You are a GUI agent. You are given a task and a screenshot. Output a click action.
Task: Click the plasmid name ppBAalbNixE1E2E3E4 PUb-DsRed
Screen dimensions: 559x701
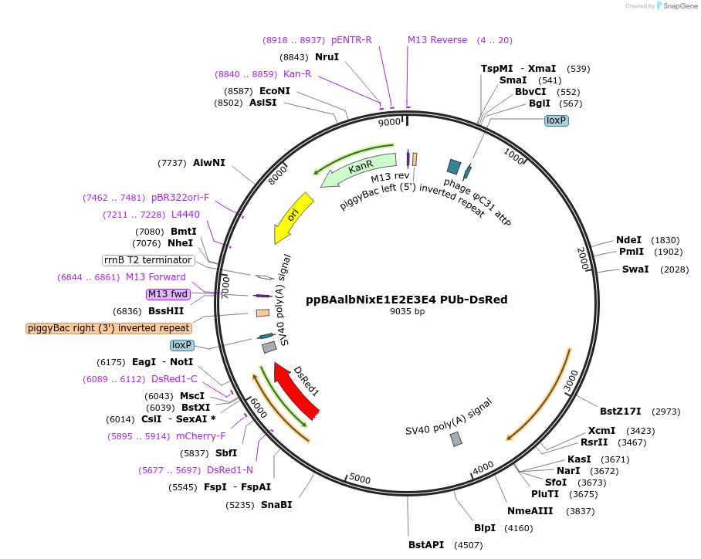[406, 300]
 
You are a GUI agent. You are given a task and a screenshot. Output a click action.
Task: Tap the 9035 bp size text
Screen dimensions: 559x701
[407, 312]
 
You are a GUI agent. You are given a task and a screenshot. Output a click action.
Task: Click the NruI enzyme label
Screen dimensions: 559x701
[327, 57]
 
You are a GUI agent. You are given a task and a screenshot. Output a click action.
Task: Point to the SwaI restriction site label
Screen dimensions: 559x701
[635, 269]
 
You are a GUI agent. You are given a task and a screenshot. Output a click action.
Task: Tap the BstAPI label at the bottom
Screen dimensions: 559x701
[426, 545]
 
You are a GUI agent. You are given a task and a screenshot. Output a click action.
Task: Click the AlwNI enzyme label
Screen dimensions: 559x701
[209, 163]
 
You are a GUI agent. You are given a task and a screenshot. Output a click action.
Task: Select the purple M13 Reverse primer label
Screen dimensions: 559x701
[438, 40]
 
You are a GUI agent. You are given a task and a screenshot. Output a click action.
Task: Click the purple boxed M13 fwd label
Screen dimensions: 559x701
[168, 294]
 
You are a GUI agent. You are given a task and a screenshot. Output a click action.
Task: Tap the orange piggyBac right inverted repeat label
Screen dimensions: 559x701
[108, 328]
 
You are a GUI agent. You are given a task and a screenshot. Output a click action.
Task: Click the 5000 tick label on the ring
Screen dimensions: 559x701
[360, 479]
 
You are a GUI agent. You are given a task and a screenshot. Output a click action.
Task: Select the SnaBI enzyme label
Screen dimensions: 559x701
[276, 505]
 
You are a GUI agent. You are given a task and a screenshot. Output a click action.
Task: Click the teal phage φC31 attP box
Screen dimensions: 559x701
[454, 166]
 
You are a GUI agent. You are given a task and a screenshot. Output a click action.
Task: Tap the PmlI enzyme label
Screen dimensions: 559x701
[632, 252]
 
